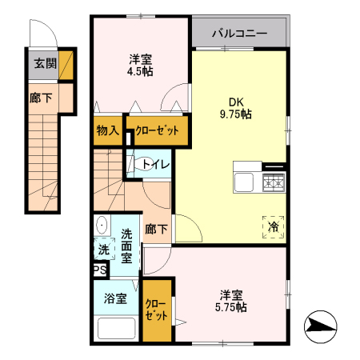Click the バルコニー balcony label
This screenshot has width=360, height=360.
coord(239,34)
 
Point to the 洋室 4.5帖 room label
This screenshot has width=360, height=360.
coord(141,65)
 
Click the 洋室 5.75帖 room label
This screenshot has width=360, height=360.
coord(229,301)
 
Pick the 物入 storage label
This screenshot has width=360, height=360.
coord(107,130)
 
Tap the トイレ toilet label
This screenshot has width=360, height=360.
coord(155,165)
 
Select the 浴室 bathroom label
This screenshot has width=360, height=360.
coord(115,298)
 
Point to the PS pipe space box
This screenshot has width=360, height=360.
coord(100,270)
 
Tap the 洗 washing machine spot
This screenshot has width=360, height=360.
coord(103,250)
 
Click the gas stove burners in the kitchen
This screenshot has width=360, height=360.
coord(274,183)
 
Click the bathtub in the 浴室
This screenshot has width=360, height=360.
coord(115,328)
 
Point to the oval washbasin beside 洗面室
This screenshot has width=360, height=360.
coord(102,226)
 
